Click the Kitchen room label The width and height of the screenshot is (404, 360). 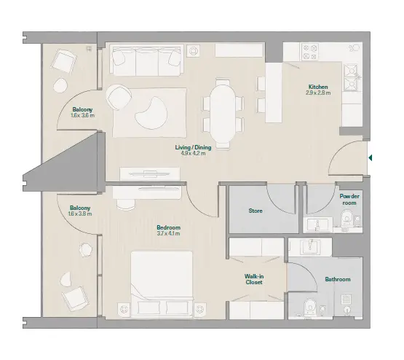tap(318, 87)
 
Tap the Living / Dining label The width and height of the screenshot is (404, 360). tap(193, 147)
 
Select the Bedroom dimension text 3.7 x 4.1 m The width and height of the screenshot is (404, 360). tap(168, 234)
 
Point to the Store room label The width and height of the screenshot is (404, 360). tap(256, 211)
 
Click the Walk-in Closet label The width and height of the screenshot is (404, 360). tap(254, 279)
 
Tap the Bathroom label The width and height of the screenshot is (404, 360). tap(338, 279)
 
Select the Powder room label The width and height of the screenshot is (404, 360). tap(349, 200)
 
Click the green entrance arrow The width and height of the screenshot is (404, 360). tap(371, 157)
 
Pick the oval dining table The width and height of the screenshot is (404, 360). tap(223, 114)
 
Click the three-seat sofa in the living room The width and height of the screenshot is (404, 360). tap(146, 60)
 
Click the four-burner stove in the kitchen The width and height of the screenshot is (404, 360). tap(309, 52)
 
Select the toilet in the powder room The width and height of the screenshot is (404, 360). tap(346, 219)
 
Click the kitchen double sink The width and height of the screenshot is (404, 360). tap(351, 77)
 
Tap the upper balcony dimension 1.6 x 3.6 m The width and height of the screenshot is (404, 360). tap(83, 116)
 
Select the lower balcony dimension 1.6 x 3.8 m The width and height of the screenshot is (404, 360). tap(80, 214)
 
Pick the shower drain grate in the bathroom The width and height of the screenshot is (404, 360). tap(346, 299)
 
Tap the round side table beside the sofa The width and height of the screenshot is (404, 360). tap(193, 50)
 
